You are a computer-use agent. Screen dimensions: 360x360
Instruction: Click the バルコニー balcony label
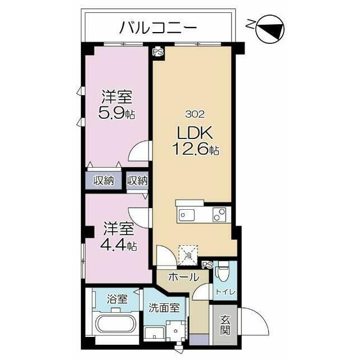pos(159,28)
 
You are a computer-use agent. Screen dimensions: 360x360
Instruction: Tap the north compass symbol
pos(270,29)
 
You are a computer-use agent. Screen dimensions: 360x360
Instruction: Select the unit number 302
pos(195,114)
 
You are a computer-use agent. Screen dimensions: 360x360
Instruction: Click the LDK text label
pos(195,133)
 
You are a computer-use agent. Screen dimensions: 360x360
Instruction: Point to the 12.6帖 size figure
pos(196,149)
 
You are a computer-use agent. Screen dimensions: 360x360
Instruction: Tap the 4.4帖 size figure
pos(119,246)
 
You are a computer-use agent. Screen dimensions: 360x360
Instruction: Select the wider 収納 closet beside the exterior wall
pos(103,181)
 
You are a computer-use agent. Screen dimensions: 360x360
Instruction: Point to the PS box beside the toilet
pos(208,265)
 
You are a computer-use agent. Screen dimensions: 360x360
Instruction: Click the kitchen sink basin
pos(187,215)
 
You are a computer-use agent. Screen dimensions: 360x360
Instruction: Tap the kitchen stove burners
pos(219,215)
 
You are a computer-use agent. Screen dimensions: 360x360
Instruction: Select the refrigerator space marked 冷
pos(188,255)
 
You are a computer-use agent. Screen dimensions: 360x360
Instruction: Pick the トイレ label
pos(226,292)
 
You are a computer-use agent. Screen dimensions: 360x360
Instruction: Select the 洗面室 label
pos(164,308)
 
